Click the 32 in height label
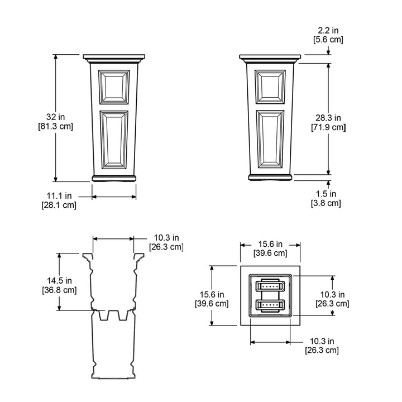pyautogui.click(x=55, y=117)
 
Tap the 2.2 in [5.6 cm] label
pyautogui.click(x=328, y=35)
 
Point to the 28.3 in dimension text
pyautogui.click(x=328, y=118)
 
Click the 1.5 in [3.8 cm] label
pyautogui.click(x=326, y=198)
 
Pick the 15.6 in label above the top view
pyautogui.click(x=270, y=248)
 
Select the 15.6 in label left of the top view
pyautogui.click(x=212, y=299)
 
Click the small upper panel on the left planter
pyautogui.click(x=114, y=87)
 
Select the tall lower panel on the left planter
pyautogui.click(x=114, y=139)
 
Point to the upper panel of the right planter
pyautogui.click(x=271, y=87)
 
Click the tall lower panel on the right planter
pyautogui.click(x=271, y=139)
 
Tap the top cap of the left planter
pyautogui.click(x=114, y=58)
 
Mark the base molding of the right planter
pyautogui.click(x=271, y=178)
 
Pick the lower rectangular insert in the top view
pyautogui.click(x=271, y=305)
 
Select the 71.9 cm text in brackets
pyautogui.click(x=328, y=127)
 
